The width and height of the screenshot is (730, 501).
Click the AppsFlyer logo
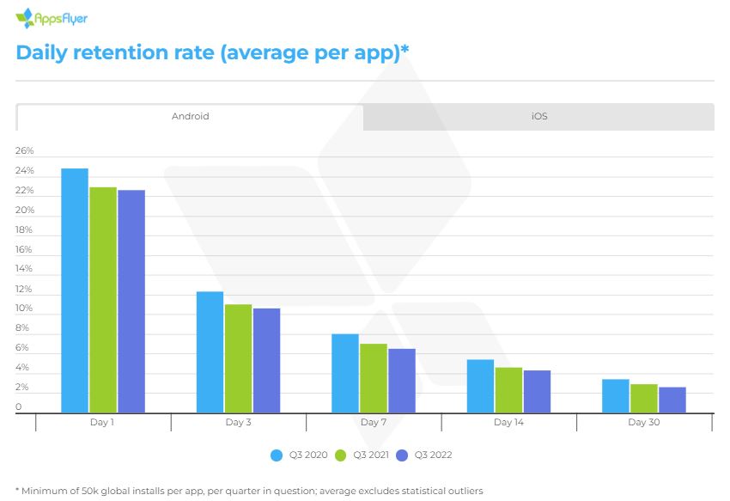click(x=52, y=17)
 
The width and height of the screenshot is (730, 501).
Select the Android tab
click(x=190, y=116)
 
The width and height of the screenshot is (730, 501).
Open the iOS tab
click(x=538, y=116)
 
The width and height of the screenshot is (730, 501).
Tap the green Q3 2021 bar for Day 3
click(x=238, y=358)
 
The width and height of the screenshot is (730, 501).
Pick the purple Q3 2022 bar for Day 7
click(x=401, y=381)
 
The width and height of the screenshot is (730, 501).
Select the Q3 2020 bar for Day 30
click(x=615, y=396)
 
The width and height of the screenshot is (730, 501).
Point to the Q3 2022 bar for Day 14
click(x=537, y=392)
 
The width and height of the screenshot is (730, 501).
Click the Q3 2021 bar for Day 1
click(x=103, y=300)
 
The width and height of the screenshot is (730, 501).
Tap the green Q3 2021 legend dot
click(x=339, y=455)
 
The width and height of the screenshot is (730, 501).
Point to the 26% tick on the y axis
click(x=24, y=151)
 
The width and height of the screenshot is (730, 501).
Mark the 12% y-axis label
click(x=24, y=289)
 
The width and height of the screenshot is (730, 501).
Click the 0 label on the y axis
click(x=19, y=407)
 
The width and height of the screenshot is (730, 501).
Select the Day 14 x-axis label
click(x=508, y=423)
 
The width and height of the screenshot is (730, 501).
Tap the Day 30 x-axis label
click(x=643, y=423)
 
